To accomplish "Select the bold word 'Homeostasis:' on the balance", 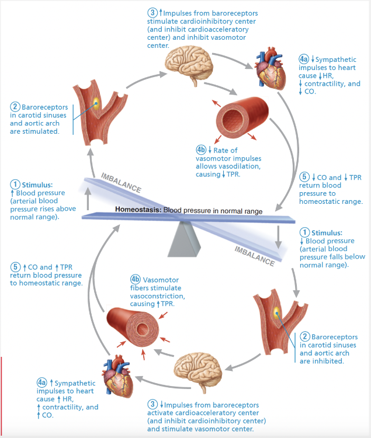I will pos(137,210).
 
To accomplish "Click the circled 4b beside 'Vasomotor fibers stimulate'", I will pos(136,279).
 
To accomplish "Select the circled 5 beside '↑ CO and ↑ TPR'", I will pos(15,267).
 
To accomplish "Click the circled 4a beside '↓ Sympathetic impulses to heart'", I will pos(303,60).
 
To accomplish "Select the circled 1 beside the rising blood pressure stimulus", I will pos(15,185).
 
